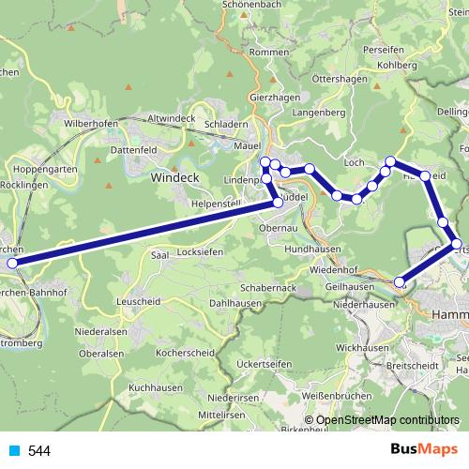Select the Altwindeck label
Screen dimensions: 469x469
click(x=172, y=119)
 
